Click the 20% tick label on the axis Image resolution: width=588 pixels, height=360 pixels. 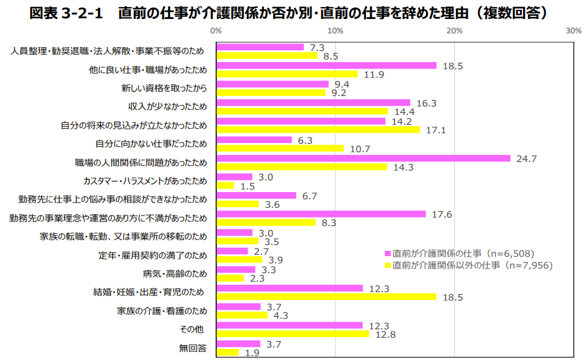(455, 31)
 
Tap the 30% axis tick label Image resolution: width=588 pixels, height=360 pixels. (574, 31)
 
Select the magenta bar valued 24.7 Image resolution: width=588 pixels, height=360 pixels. (363, 158)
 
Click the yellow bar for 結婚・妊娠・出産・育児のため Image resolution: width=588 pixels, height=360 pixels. (326, 297)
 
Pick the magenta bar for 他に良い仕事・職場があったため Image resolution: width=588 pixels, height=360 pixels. (326, 65)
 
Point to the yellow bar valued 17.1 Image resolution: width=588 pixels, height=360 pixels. (318, 129)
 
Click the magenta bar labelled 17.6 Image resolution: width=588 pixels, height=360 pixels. (321, 214)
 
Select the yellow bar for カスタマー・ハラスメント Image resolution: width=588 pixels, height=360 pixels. (225, 186)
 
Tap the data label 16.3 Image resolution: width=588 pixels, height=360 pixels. (426, 103)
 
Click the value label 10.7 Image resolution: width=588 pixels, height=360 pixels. (360, 148)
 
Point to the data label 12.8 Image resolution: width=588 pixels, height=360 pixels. (385, 335)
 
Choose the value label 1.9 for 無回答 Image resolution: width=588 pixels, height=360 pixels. (252, 353)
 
